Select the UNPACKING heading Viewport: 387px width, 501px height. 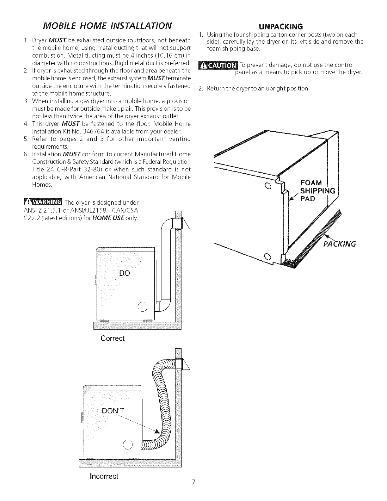281,26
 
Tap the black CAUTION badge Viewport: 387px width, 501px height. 217,65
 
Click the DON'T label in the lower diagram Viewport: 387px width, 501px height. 113,411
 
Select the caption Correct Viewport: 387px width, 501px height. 113,338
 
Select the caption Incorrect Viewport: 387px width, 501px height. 104,476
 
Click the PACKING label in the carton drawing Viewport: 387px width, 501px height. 340,244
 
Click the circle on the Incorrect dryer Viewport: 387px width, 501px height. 128,445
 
